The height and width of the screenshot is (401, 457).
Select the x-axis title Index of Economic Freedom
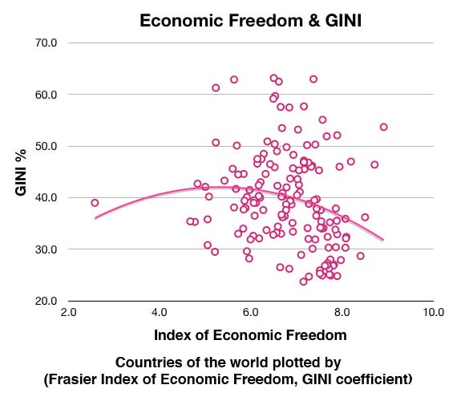click(x=250, y=334)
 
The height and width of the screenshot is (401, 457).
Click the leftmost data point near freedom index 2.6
click(x=95, y=203)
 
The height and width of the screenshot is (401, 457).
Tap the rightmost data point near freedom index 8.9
click(x=383, y=127)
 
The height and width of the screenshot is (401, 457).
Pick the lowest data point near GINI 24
click(x=303, y=282)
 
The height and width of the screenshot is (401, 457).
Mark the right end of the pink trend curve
click(x=382, y=239)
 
